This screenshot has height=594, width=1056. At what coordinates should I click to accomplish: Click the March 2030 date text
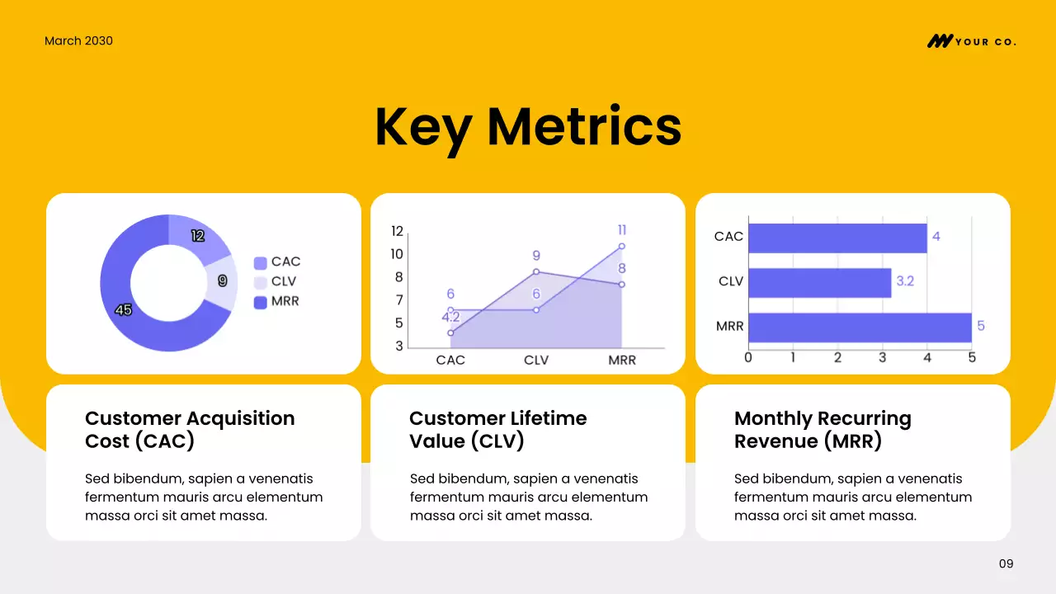(x=78, y=40)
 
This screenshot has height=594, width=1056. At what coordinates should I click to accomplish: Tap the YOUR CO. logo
(x=971, y=41)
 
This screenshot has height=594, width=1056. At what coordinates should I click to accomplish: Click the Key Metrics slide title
(x=528, y=126)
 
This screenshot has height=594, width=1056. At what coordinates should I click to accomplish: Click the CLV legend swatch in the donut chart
(x=260, y=282)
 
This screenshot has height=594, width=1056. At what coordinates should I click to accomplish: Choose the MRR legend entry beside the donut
(x=276, y=302)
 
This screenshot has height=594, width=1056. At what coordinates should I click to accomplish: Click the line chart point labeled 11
(x=621, y=246)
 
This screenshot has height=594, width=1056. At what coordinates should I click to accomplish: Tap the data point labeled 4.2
(x=450, y=332)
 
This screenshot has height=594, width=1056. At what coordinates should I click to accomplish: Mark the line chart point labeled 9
(x=536, y=271)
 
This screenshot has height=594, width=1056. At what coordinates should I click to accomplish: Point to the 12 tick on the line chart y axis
(x=398, y=231)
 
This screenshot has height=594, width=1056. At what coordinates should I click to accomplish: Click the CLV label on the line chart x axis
(x=536, y=361)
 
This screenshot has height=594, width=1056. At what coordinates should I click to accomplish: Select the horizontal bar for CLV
(x=819, y=282)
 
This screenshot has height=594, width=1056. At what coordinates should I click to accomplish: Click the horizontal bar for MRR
(x=860, y=327)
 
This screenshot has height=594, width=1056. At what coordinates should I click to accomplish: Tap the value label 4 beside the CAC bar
(x=936, y=237)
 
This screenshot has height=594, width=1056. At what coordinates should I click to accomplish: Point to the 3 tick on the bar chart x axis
(x=882, y=358)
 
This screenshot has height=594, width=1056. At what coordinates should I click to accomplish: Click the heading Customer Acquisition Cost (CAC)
(x=190, y=430)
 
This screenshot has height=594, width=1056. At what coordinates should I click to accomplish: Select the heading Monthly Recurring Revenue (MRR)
(x=823, y=430)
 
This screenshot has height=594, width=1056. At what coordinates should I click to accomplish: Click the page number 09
(x=1006, y=564)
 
